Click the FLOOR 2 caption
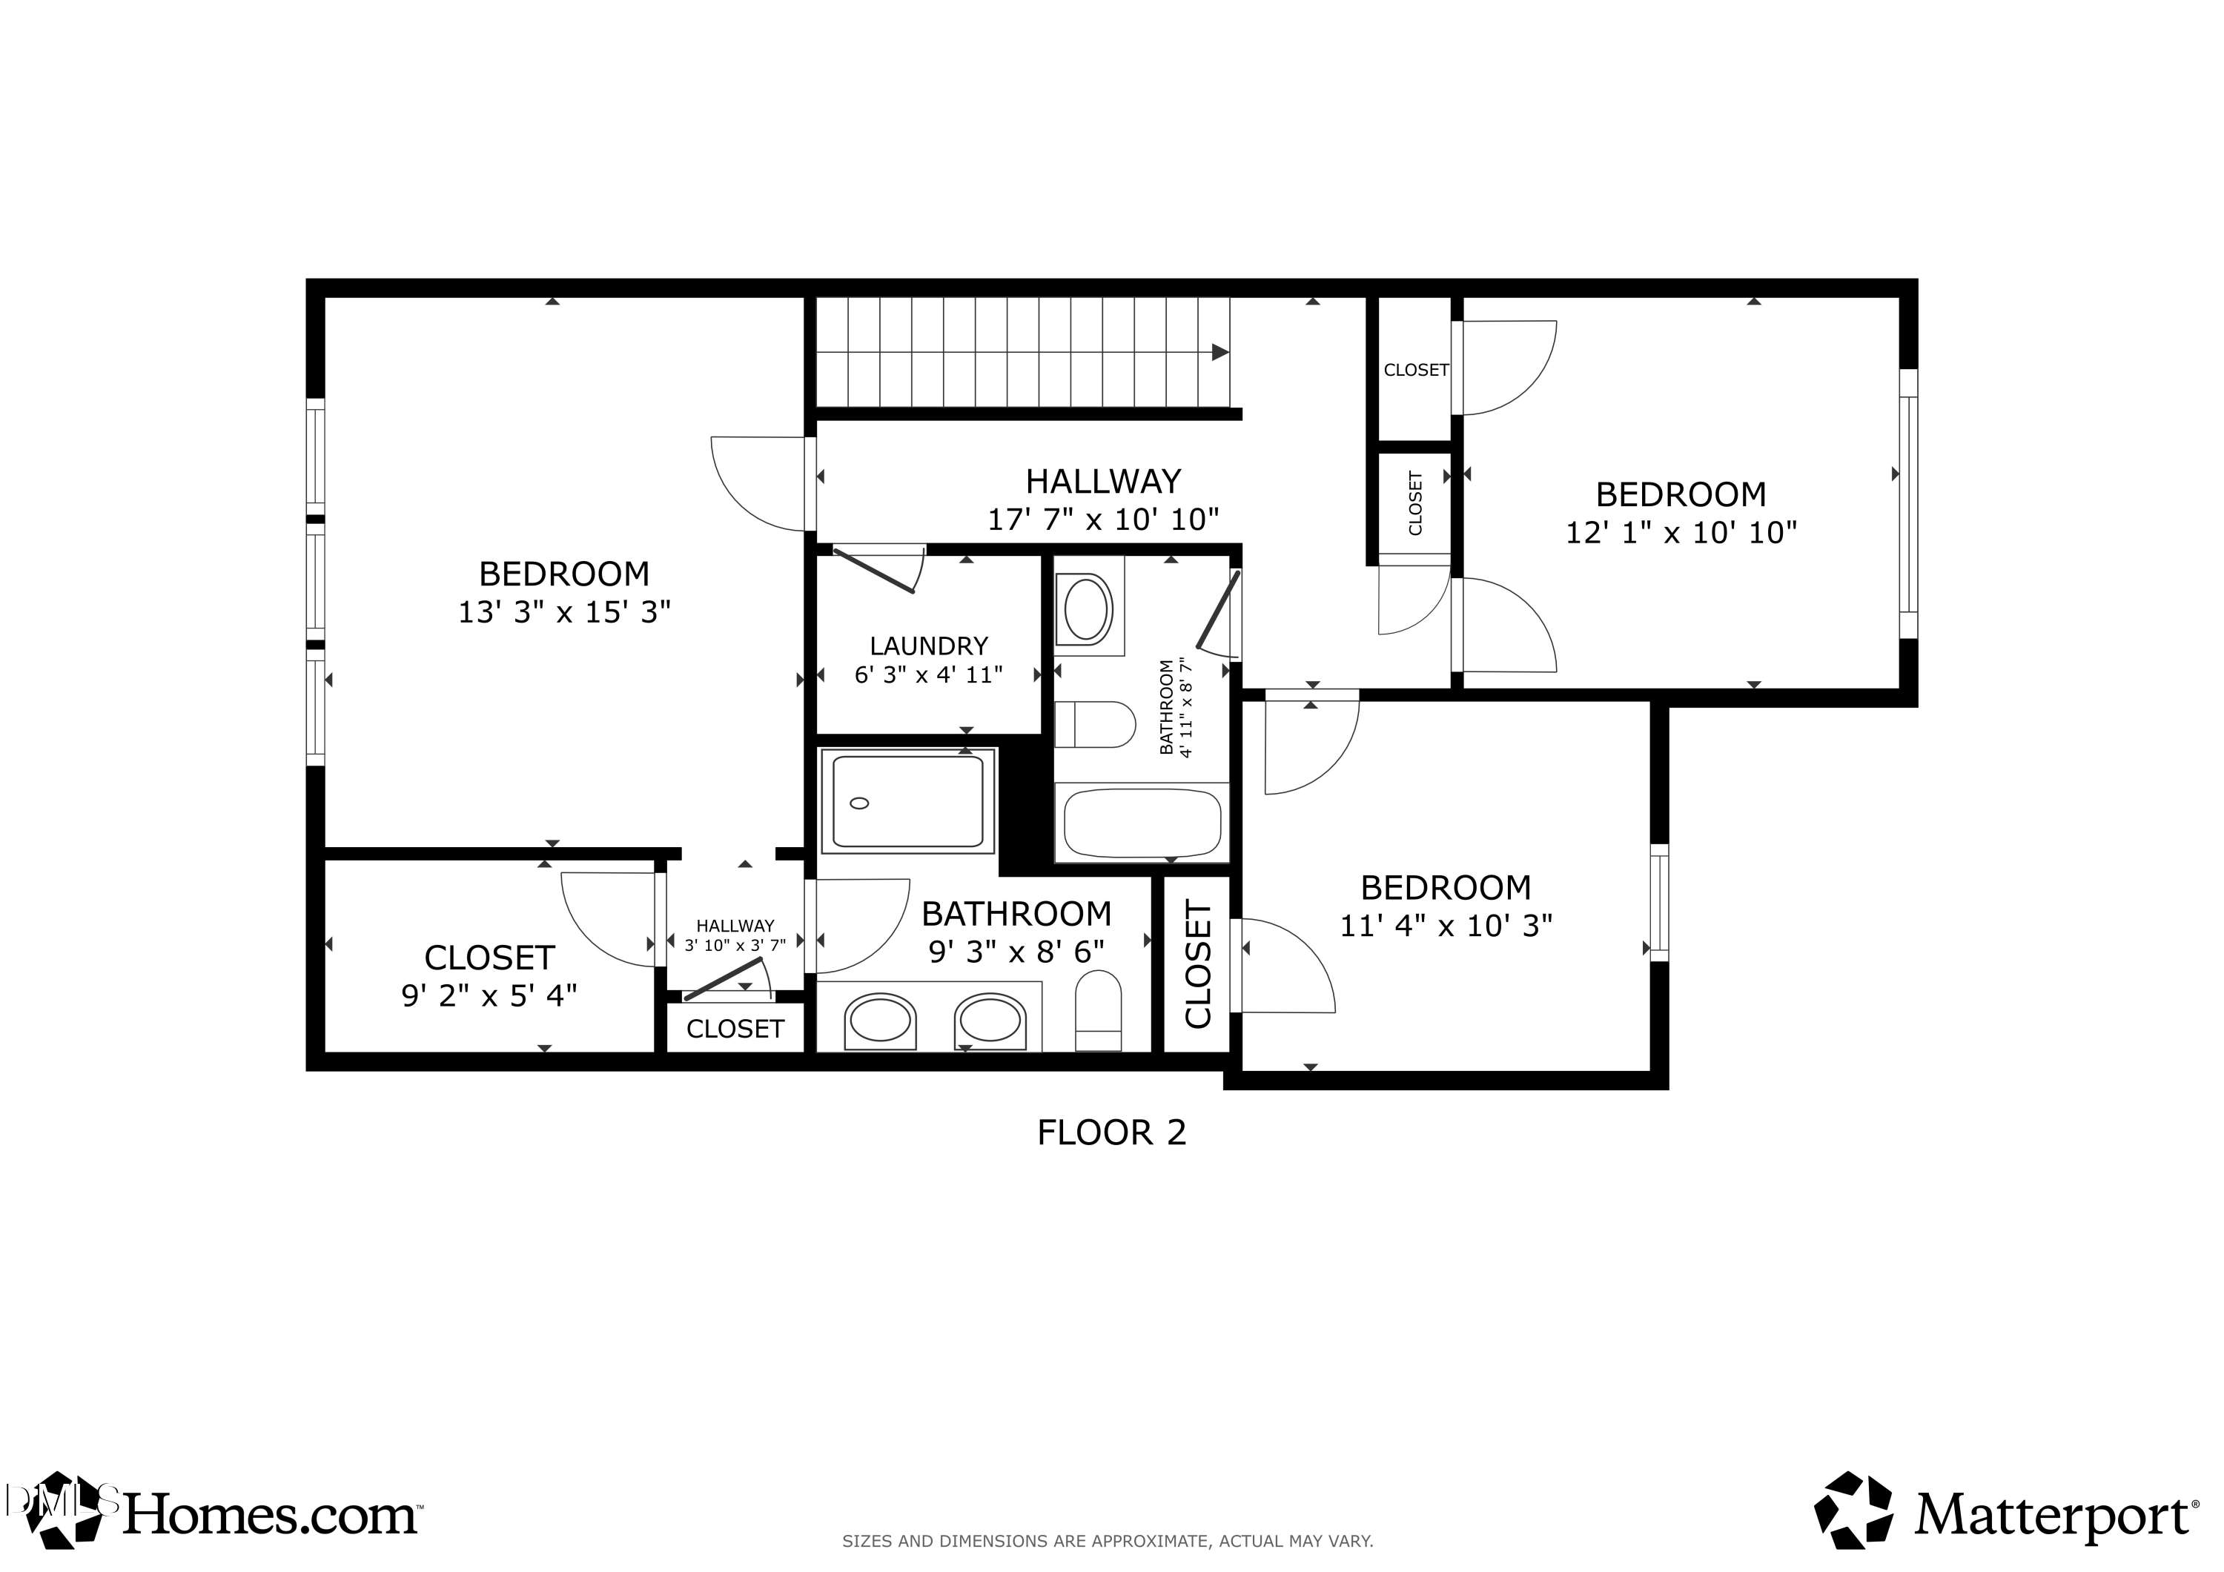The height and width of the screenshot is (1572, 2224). (1111, 1132)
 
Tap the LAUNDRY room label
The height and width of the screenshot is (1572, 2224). (928, 646)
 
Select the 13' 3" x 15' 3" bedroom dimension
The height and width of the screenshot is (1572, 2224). (563, 612)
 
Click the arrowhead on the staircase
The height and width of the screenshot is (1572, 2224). (1220, 353)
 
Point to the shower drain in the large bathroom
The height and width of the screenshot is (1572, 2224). (858, 803)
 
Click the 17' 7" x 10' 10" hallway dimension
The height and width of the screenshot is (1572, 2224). (1102, 520)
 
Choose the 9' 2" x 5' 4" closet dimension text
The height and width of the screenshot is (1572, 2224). (489, 995)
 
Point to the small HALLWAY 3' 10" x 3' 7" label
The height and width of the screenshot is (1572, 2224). (735, 935)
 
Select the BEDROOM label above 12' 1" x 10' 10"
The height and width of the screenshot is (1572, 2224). (1681, 495)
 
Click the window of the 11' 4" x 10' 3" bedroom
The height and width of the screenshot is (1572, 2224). (1659, 902)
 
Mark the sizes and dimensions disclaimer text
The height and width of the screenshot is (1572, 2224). (1107, 1541)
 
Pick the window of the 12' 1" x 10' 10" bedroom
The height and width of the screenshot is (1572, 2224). (1907, 504)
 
